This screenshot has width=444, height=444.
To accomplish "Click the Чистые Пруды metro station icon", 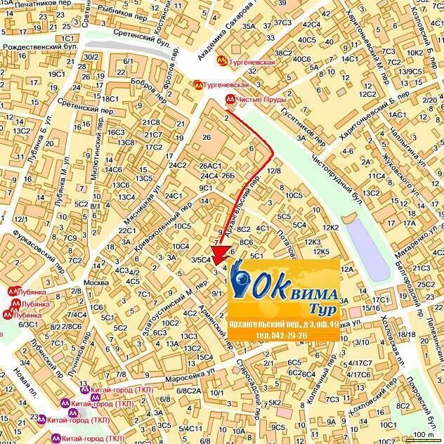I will click(x=230, y=99).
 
